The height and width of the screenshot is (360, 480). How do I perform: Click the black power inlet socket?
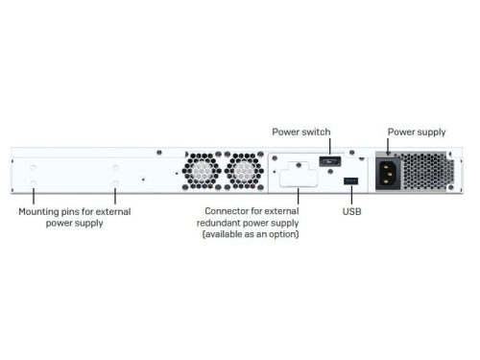coord(389,177)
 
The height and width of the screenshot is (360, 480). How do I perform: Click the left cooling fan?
coord(201,171)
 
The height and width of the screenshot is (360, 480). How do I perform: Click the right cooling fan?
coord(244,171)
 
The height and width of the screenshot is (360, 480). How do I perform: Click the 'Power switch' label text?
coord(301,131)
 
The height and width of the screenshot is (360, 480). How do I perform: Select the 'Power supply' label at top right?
coord(417,131)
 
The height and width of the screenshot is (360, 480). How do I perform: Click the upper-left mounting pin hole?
coord(35,162)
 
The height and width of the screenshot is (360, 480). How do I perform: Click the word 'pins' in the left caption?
coord(78,211)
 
